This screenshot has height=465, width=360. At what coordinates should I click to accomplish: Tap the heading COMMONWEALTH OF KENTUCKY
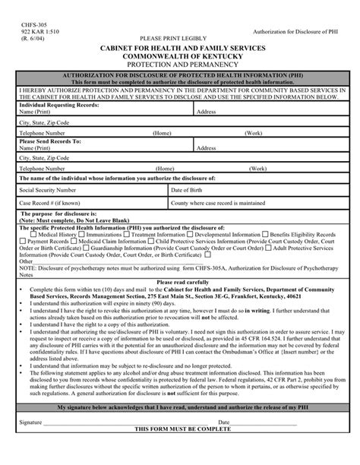click(180, 55)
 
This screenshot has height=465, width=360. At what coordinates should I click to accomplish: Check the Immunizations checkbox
click(81, 235)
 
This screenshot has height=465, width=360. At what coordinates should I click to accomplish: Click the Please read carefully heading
click(180, 281)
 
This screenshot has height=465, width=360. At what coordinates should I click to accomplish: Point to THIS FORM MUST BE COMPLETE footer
click(180, 451)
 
